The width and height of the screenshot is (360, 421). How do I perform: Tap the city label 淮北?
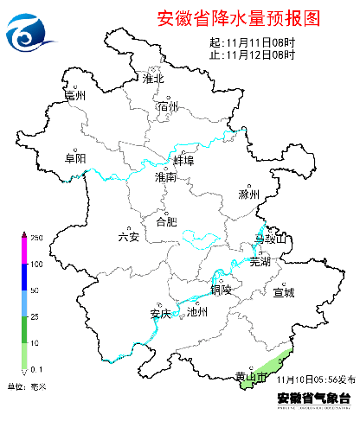coord(153,79)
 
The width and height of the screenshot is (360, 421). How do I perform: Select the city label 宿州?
coord(168,106)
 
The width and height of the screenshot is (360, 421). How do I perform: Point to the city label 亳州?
coord(75,96)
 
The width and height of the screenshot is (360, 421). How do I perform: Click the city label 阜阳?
coord(75,158)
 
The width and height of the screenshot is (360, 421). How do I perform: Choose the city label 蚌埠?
coord(183,162)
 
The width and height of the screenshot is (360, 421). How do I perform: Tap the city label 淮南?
coord(165,177)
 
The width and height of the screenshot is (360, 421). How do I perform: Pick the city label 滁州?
coord(249,195)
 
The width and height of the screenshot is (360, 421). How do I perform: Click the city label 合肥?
coord(166,221)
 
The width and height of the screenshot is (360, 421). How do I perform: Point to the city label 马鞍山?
coord(269,239)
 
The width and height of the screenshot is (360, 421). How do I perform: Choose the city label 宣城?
coord(284,293)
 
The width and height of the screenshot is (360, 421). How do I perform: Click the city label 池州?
coord(197,313)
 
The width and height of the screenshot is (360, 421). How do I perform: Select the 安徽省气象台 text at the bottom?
coord(313,399)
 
